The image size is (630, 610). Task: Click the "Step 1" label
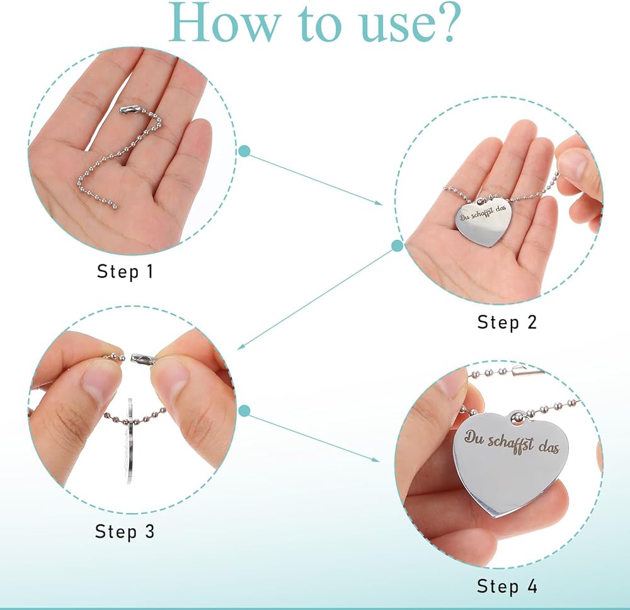coord(125,271)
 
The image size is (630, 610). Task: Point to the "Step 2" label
coord(507,322)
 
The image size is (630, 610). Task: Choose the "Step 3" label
coord(125,532)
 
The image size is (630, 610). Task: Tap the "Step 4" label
coord(507,586)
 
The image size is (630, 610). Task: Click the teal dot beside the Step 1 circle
coord(244,151)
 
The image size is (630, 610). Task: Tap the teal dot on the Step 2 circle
coord(397,246)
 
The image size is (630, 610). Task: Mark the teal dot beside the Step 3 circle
coord(244,411)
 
